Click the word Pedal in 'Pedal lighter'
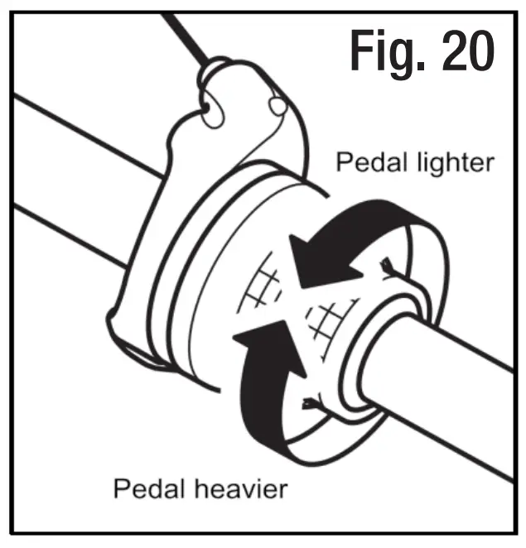pyautogui.click(x=364, y=162)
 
